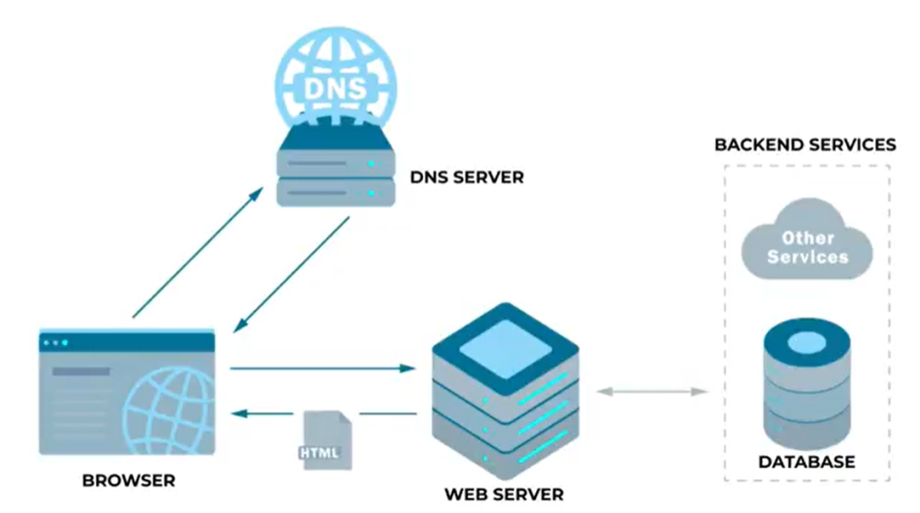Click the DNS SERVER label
coord(466,177)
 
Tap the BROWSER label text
coord(128,481)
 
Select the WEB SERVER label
coord(504,494)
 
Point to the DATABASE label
coord(807,462)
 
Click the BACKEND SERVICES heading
coord(805,145)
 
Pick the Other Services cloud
coord(808,240)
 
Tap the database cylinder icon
coord(807,384)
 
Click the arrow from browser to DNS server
coord(198,253)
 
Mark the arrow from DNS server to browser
coord(292,275)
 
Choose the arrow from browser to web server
coord(323,368)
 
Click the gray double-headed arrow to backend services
coord(652,392)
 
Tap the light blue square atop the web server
coord(505,349)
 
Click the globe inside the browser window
coord(170,411)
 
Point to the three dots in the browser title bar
coord(56,343)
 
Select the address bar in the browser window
coord(81,372)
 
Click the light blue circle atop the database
coord(807,342)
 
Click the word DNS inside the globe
coord(336,89)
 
